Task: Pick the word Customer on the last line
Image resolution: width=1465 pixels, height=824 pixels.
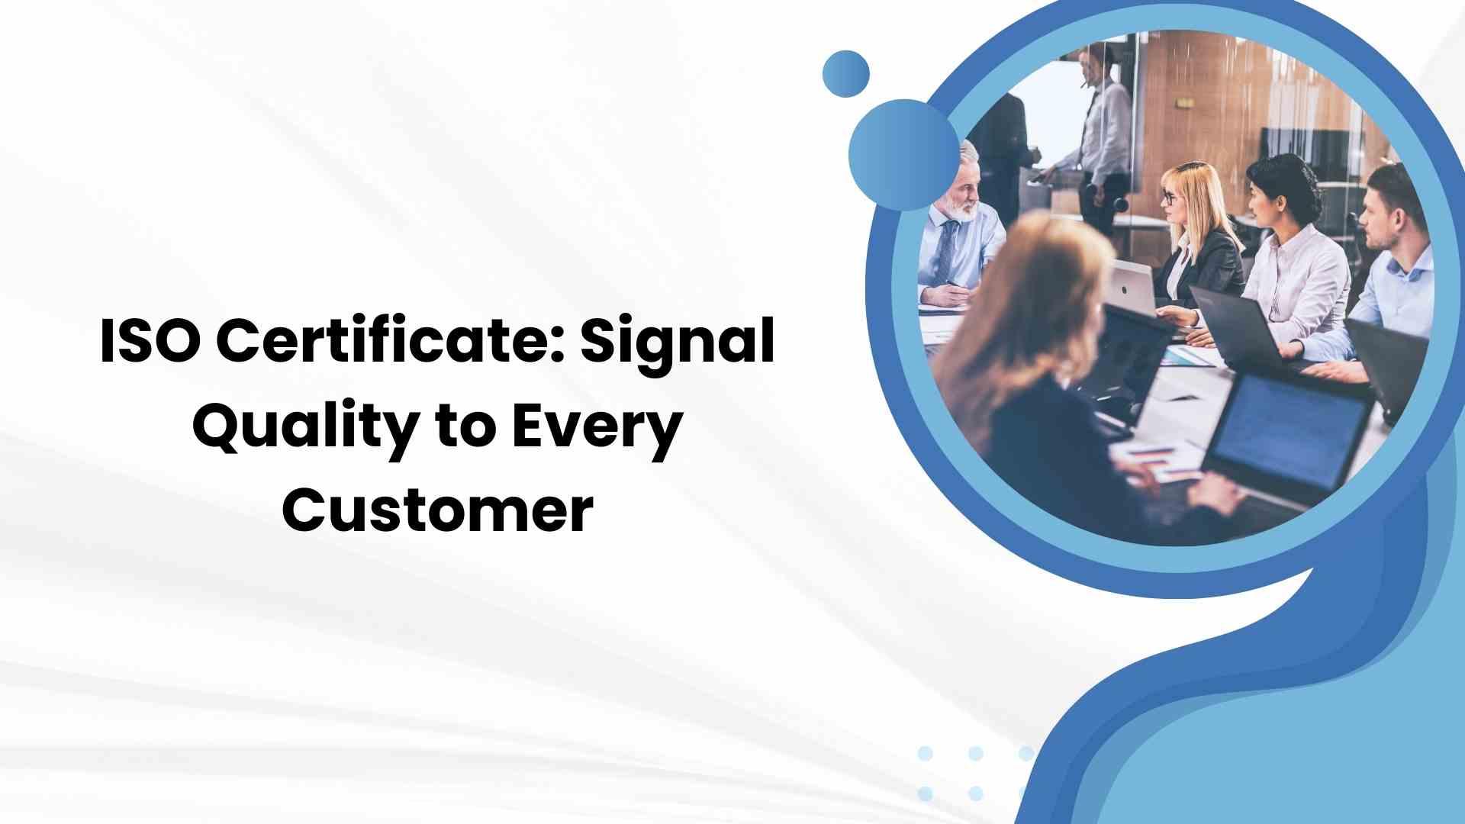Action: [x=438, y=510]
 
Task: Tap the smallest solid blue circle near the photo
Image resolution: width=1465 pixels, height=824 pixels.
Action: [x=846, y=73]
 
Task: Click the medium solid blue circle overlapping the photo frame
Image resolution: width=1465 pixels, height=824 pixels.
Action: [x=903, y=155]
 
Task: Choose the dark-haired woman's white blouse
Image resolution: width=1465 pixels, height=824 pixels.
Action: [x=1297, y=282]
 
